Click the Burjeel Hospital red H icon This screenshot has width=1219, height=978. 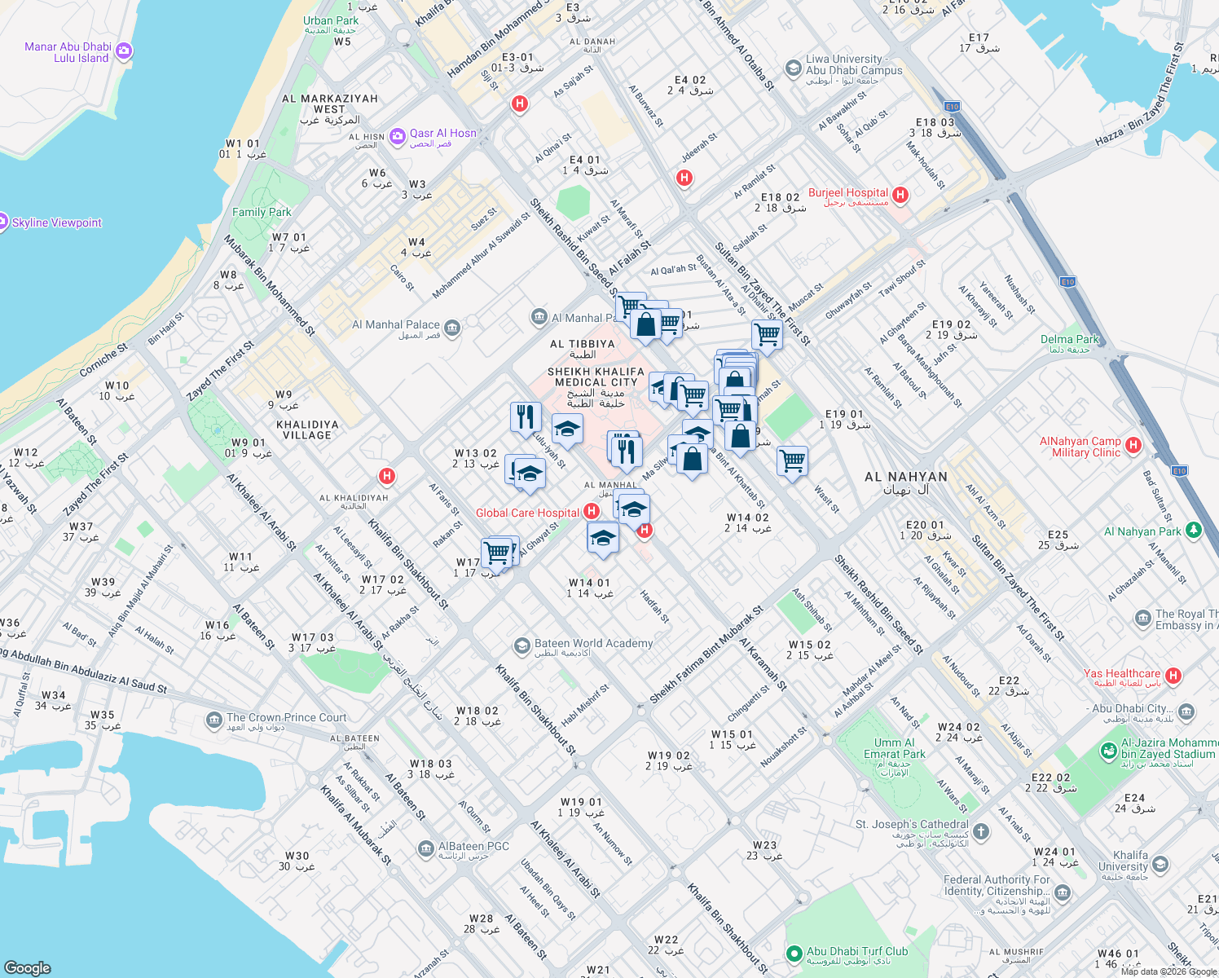[x=900, y=195]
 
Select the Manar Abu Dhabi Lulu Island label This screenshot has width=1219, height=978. [x=68, y=52]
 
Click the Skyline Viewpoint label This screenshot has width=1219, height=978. [x=57, y=222]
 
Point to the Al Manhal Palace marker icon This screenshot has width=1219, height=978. [x=452, y=328]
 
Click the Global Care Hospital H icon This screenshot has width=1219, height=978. [x=592, y=511]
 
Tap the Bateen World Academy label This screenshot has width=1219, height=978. [x=593, y=643]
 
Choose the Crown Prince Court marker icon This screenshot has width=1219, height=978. [x=214, y=720]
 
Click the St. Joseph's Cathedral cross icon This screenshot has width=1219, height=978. [x=981, y=831]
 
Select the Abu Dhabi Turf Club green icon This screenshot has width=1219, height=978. [x=794, y=953]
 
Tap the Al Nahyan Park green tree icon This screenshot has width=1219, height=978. [x=1194, y=531]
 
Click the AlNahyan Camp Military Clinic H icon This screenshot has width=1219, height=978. [x=1133, y=445]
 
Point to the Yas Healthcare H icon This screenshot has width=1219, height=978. [x=1173, y=675]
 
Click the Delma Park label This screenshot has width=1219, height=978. [x=1070, y=339]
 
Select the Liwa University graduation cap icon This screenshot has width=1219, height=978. [x=793, y=68]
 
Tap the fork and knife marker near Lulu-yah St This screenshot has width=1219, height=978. [x=526, y=416]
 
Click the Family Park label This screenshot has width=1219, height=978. [x=262, y=212]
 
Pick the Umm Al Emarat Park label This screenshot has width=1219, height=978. [x=894, y=748]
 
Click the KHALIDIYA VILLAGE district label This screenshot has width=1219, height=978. [x=307, y=430]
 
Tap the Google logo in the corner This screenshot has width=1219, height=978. [x=28, y=967]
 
